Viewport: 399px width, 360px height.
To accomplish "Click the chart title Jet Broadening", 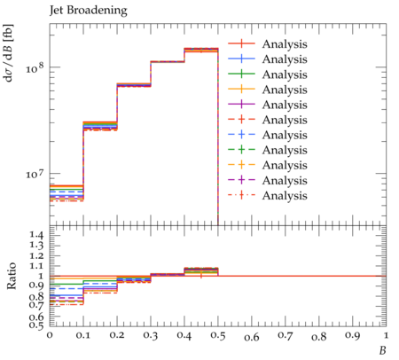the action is pyautogui.click(x=89, y=11).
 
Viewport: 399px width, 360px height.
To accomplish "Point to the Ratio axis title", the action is pyautogui.click(x=11, y=276).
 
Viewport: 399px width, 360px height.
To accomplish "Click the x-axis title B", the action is pyautogui.click(x=383, y=350).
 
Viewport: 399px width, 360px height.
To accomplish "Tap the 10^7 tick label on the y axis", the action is pyautogui.click(x=35, y=174).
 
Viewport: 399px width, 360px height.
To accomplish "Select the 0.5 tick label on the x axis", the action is pyautogui.click(x=218, y=336).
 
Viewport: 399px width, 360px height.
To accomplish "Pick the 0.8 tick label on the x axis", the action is pyautogui.click(x=319, y=336).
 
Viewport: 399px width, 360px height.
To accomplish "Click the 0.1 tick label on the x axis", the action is pyautogui.click(x=83, y=335).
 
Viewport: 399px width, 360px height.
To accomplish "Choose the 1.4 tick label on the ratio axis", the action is pyautogui.click(x=36, y=236).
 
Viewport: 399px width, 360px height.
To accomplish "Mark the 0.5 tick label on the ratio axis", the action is pyautogui.click(x=36, y=325).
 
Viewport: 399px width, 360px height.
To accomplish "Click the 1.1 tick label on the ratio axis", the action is pyautogui.click(x=36, y=266).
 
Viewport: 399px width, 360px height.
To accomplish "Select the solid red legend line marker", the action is pyautogui.click(x=241, y=44).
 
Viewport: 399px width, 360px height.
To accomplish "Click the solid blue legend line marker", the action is pyautogui.click(x=241, y=59).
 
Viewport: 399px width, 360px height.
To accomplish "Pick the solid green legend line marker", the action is pyautogui.click(x=241, y=74).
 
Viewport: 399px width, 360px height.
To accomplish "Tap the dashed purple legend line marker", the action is pyautogui.click(x=241, y=180).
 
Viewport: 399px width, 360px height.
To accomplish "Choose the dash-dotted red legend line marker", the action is pyautogui.click(x=241, y=195).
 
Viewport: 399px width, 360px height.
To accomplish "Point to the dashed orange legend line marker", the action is pyautogui.click(x=241, y=165).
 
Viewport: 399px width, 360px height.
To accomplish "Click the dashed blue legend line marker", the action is pyautogui.click(x=241, y=135).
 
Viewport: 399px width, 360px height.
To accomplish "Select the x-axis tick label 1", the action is pyautogui.click(x=386, y=335).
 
